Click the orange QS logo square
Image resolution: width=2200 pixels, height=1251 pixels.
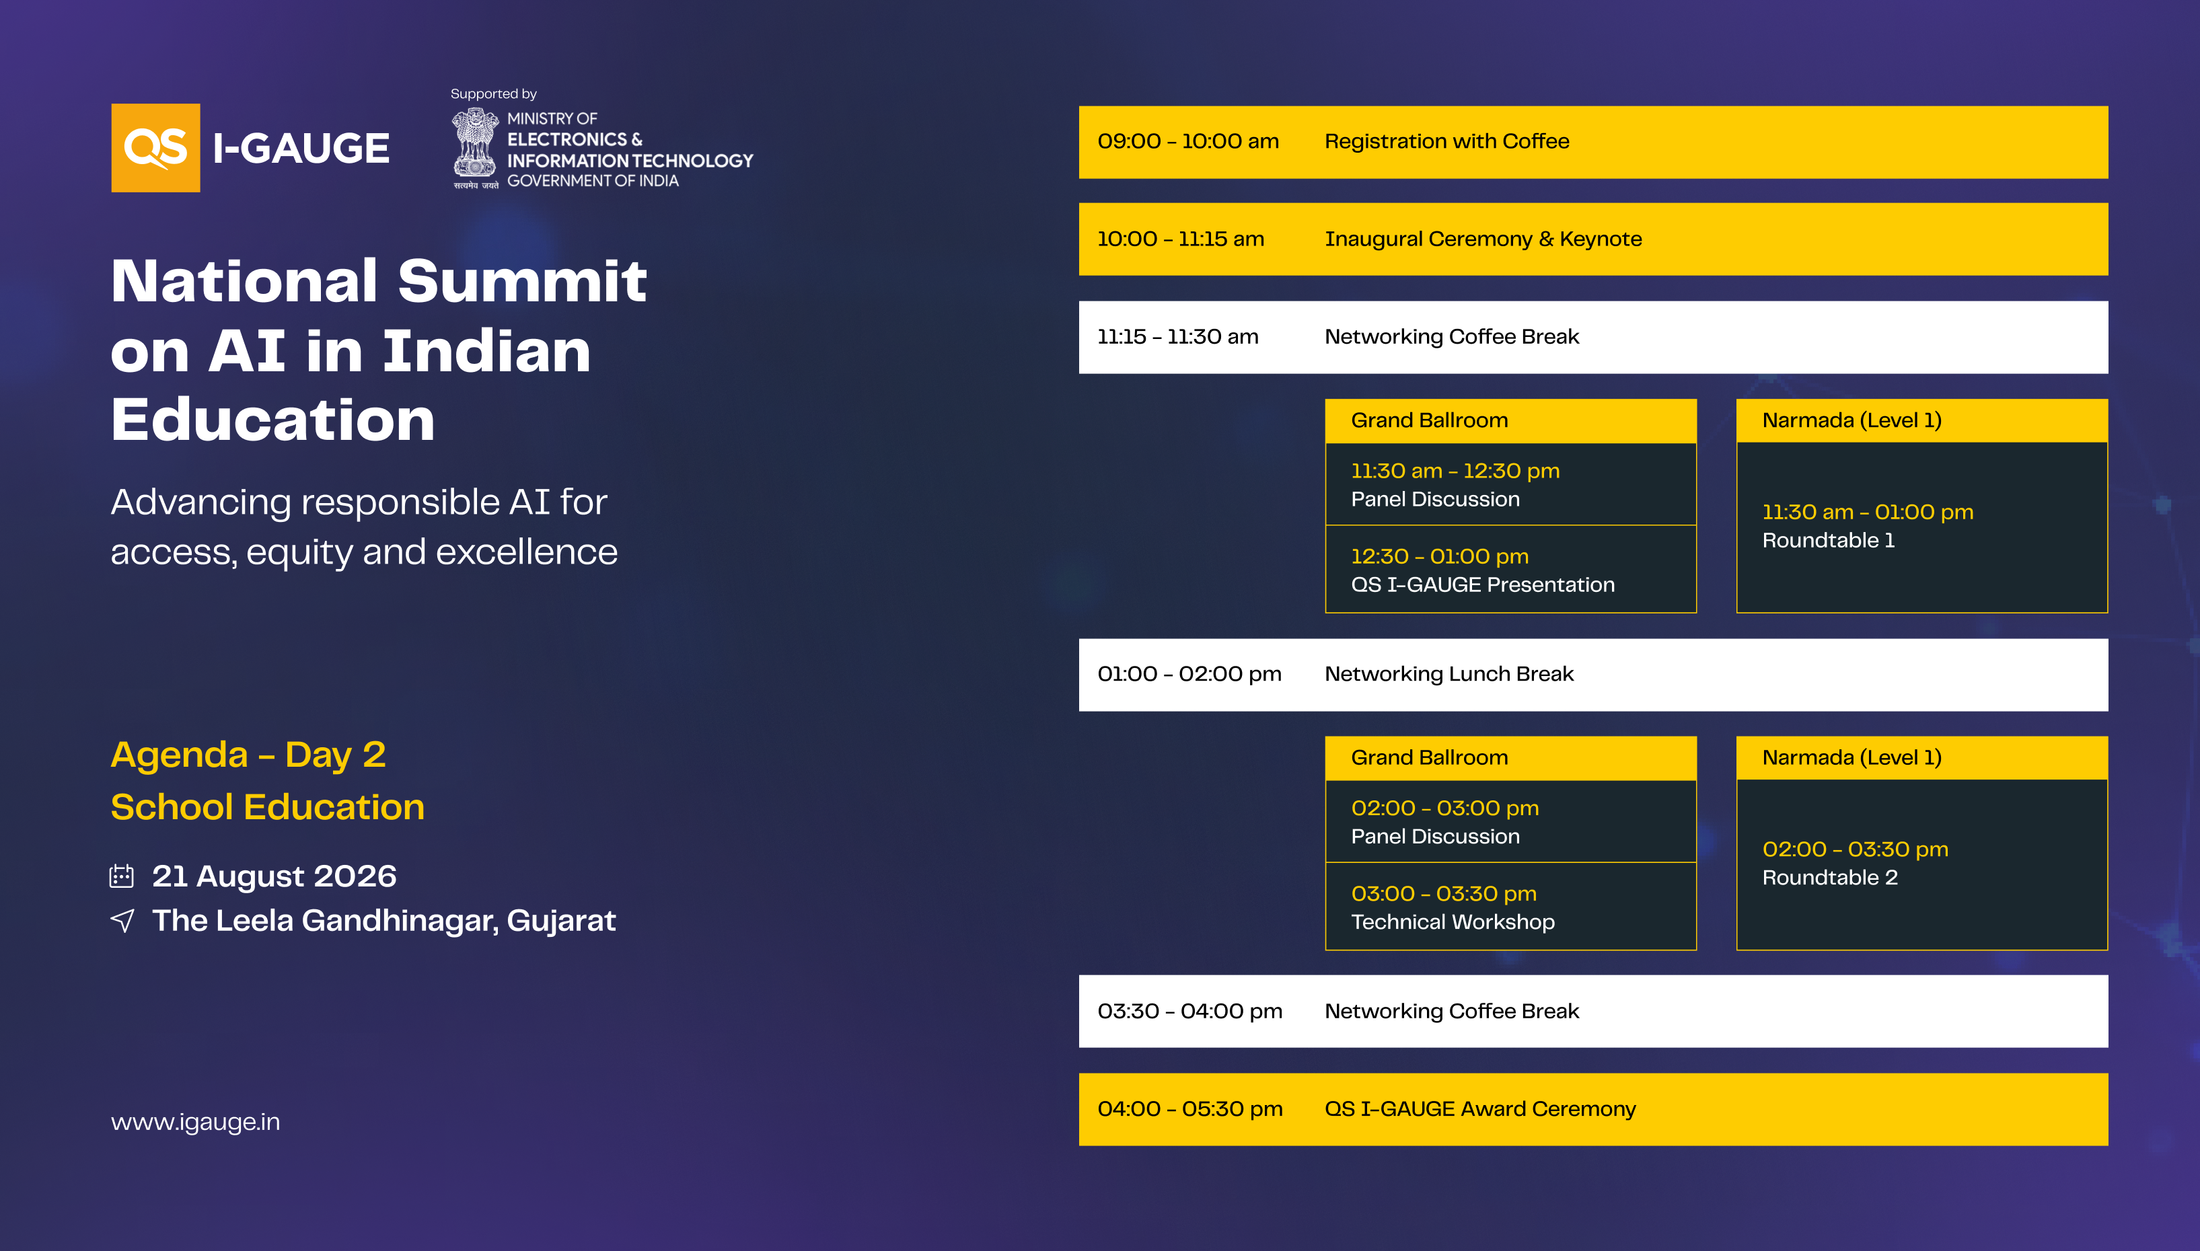(155, 148)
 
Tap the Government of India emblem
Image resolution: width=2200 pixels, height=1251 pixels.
(475, 148)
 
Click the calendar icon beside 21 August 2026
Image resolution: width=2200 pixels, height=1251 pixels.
(121, 876)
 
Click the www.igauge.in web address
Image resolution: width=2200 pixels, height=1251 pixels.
(195, 1122)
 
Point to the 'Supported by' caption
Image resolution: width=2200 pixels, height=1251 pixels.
(493, 93)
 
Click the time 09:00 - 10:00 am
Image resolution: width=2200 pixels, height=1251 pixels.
(1187, 141)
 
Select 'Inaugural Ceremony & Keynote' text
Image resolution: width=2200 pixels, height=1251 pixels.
(1483, 239)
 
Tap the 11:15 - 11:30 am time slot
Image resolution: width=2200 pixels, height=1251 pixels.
(1177, 337)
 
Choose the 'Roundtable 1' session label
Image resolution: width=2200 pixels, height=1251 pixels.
(1828, 541)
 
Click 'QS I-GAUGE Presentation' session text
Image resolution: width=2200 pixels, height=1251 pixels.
(1482, 585)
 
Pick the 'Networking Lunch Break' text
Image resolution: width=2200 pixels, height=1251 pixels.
(1449, 675)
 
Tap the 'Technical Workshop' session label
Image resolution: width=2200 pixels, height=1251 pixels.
(1453, 922)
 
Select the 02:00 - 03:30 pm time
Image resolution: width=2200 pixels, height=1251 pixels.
(1856, 849)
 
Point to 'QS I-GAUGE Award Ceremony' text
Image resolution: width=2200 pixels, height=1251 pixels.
(1480, 1109)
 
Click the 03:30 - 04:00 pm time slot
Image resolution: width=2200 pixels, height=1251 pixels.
(1189, 1012)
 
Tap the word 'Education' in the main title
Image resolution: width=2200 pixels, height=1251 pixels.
(273, 420)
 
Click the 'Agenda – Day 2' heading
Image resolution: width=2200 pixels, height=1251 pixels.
(248, 755)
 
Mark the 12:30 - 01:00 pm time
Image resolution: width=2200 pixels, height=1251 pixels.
(1440, 557)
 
